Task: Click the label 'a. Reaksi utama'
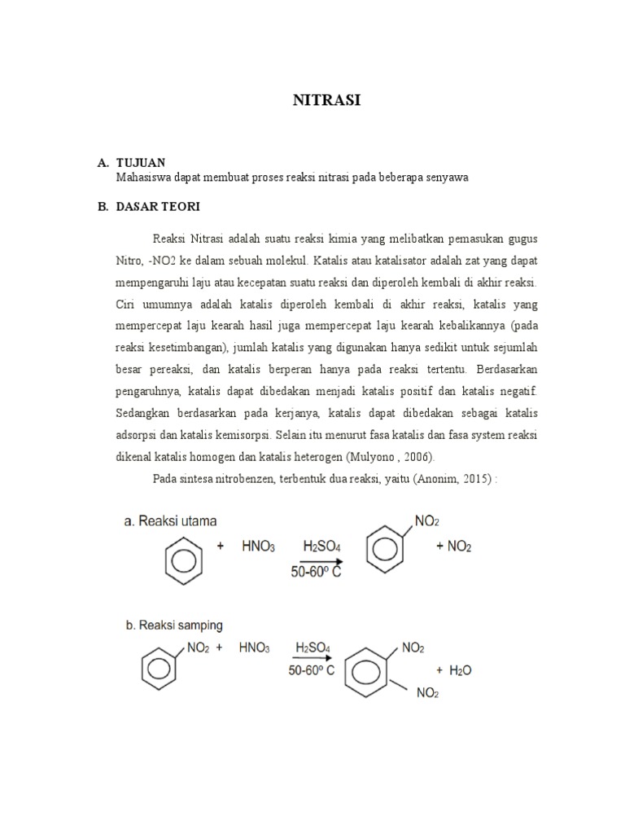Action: click(171, 520)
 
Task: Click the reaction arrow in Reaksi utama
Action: click(320, 561)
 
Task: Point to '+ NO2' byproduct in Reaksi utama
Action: click(453, 547)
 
